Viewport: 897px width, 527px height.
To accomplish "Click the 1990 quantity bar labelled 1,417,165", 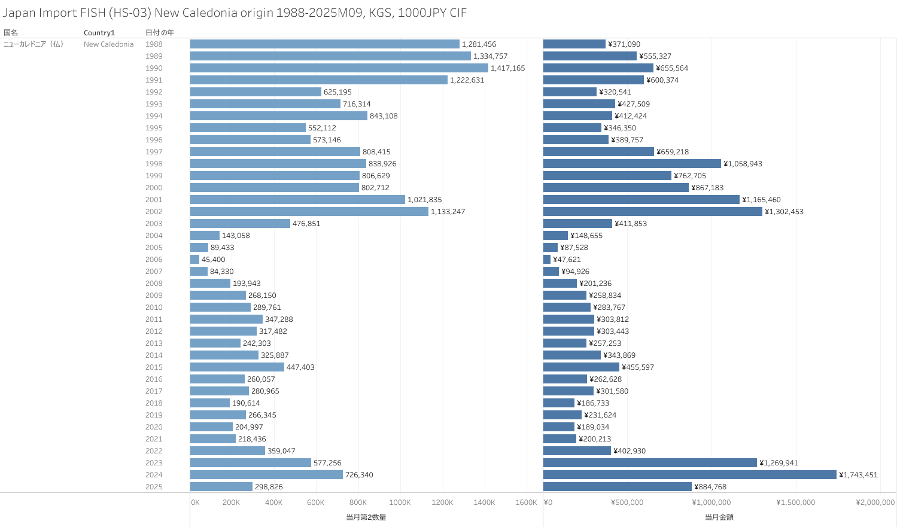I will coord(339,68).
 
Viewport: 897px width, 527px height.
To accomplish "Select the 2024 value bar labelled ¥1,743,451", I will coord(689,475).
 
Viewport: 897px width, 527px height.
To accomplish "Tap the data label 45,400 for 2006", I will coord(213,260).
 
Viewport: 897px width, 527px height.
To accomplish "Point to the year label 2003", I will coord(154,224).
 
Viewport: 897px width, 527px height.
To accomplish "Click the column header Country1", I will coord(99,33).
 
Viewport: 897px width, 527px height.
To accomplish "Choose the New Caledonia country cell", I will coord(108,44).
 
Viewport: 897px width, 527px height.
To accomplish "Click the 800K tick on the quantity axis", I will coord(358,502).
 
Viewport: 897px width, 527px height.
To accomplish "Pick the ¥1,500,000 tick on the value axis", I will coord(796,502).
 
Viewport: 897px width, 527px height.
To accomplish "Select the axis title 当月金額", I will coord(719,517).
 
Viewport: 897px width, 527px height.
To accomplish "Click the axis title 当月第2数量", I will coord(366,517).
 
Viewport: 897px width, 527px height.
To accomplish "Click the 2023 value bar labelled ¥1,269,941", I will coord(650,463).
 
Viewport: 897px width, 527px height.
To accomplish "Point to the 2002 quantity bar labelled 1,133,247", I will coord(309,212).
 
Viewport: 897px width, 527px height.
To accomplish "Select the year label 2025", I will coord(154,487).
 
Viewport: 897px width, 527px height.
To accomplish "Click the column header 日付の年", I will coord(160,33).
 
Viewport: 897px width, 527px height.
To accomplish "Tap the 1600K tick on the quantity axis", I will coord(526,502).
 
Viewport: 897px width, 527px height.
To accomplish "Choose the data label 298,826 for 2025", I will coord(269,487).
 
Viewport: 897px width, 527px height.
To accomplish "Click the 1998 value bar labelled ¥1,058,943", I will coord(632,164).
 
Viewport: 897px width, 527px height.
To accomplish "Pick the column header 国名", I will coord(11,33).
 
